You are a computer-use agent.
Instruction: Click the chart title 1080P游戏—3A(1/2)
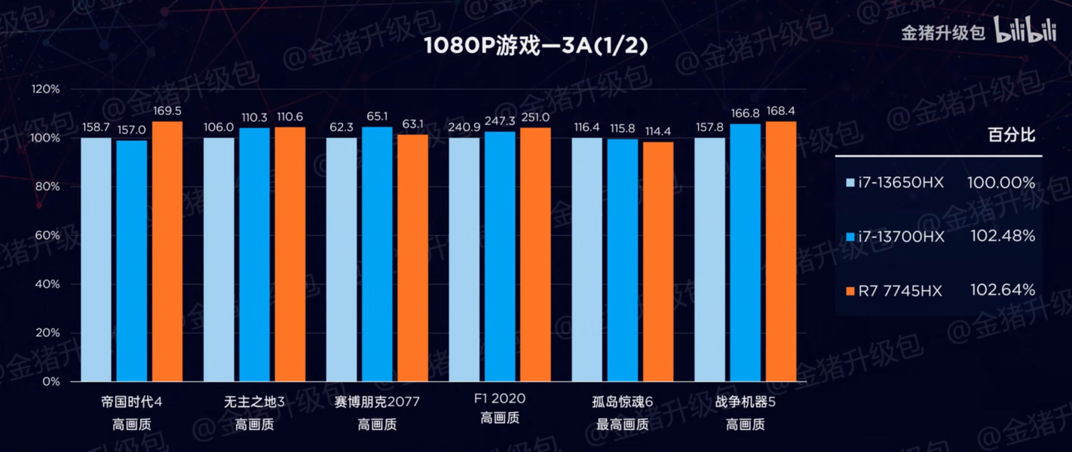535,46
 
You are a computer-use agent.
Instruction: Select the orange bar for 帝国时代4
167,252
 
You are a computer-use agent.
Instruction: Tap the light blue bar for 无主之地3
219,260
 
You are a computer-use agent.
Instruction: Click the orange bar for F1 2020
535,255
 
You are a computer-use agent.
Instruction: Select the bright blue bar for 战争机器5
746,252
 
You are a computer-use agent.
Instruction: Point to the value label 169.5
167,111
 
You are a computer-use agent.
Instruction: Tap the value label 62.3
342,127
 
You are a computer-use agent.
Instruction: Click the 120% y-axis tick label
45,89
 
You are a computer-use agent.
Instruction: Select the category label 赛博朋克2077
377,402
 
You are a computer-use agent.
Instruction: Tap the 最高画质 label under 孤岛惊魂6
623,425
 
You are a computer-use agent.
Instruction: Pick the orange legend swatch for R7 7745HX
850,291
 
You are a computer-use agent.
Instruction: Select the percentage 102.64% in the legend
1003,290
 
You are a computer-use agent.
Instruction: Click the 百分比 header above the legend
1012,136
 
